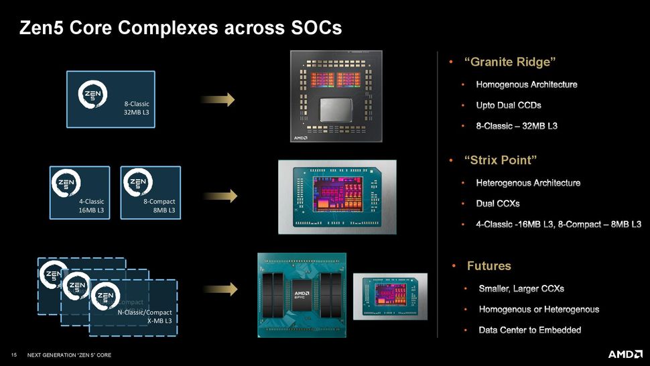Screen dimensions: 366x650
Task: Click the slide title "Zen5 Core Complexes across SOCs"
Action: [x=181, y=28]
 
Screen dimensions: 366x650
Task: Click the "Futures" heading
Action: [x=489, y=266]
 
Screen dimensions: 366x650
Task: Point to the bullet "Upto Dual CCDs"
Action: [x=509, y=105]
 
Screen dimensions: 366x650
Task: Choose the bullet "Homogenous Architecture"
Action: [x=526, y=84]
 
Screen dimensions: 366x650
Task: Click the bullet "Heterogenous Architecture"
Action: [x=528, y=182]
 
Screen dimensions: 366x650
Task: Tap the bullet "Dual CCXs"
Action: [x=497, y=203]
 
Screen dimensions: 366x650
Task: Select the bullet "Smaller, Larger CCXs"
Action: [x=521, y=289]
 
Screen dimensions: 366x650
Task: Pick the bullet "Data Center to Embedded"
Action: [x=529, y=330]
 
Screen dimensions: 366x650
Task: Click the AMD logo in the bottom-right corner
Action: [x=625, y=354]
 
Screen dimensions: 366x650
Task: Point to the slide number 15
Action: [x=13, y=355]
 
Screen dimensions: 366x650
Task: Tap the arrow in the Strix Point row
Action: [x=220, y=196]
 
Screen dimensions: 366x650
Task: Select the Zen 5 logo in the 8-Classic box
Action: [x=92, y=95]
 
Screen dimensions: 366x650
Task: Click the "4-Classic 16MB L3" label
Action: [x=91, y=206]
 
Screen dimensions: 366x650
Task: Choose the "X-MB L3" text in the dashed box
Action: [x=159, y=322]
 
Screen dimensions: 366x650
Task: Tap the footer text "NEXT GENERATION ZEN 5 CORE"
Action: [x=69, y=355]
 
